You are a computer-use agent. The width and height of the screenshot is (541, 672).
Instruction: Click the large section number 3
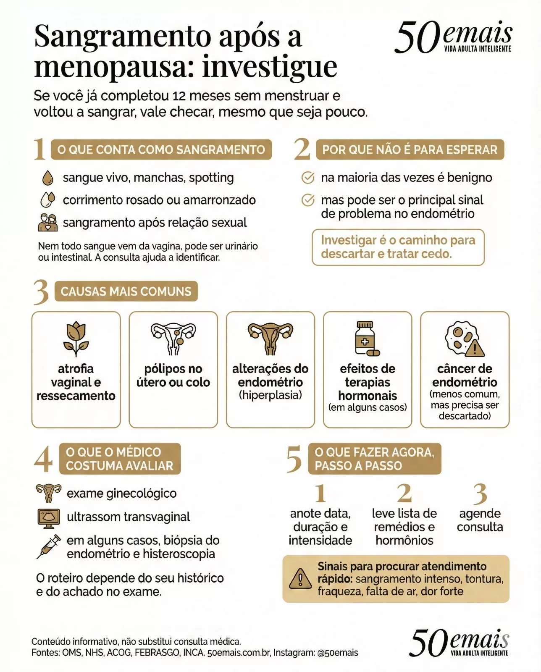coord(41,292)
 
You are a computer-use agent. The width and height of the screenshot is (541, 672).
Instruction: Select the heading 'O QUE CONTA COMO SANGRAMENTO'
coord(161,150)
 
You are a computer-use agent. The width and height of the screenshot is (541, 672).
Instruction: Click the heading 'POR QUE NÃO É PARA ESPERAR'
coord(410,150)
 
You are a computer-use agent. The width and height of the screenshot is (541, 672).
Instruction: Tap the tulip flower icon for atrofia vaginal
coord(76,339)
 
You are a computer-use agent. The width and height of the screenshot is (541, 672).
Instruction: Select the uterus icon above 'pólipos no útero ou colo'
coord(173,338)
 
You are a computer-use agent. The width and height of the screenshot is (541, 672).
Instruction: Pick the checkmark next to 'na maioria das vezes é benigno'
coord(308,178)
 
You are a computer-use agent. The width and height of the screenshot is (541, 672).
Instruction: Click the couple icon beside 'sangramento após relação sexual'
coord(48,223)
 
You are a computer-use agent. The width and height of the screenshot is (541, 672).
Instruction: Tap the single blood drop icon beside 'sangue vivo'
coord(48,178)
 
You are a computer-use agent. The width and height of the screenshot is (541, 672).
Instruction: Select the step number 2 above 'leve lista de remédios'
coord(404,493)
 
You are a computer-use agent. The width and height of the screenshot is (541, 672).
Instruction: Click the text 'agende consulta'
coord(480,520)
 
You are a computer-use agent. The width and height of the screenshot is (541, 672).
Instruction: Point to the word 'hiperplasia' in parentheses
coord(270,395)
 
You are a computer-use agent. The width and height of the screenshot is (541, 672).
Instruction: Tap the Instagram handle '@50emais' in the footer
coord(338,653)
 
